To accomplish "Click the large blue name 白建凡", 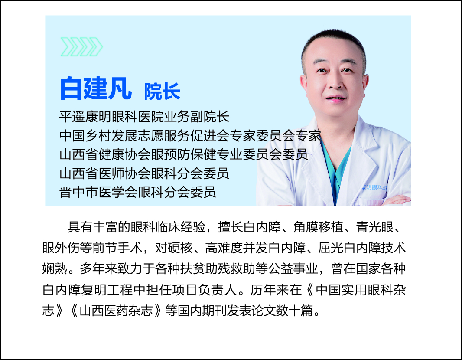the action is [x=96, y=88].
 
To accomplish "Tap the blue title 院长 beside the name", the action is [x=162, y=92].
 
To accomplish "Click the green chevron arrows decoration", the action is [x=81, y=46].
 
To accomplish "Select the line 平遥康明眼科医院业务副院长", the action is [x=144, y=117].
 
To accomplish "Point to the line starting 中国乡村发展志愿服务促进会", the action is [x=190, y=136].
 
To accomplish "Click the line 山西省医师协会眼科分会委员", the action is [x=144, y=173].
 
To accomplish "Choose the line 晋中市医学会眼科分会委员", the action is [x=137, y=192].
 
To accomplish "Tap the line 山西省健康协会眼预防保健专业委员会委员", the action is [x=184, y=154].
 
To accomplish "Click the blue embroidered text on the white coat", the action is [x=374, y=187].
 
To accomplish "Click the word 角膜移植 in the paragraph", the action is [x=318, y=227].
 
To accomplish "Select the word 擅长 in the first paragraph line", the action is [x=231, y=227].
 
